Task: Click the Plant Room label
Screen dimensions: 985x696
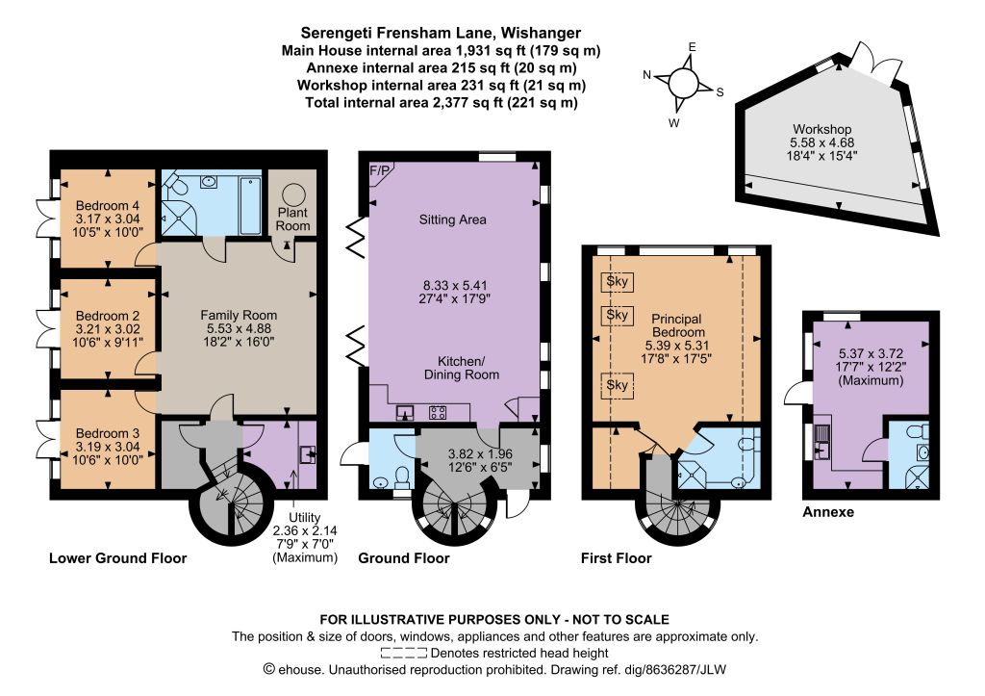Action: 292,219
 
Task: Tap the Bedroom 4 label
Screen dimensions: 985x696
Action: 108,206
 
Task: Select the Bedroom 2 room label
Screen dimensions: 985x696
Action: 108,316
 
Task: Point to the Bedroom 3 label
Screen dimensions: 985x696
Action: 108,433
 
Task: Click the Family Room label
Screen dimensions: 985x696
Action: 239,315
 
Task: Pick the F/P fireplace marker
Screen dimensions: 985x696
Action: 379,170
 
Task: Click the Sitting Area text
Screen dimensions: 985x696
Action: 452,219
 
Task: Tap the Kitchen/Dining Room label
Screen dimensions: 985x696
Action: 462,368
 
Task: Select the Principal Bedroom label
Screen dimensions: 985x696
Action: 678,325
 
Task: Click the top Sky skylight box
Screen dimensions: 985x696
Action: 617,282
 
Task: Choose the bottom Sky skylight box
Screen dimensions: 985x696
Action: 617,384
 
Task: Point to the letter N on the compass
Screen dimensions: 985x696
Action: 647,75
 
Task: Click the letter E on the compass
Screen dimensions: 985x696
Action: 693,47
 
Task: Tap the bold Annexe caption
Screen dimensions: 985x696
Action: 828,512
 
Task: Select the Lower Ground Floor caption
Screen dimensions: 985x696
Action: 118,558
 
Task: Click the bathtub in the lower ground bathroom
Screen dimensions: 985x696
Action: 250,206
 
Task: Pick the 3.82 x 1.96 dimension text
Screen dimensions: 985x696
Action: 480,453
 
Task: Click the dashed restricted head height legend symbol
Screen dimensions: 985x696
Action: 403,653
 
